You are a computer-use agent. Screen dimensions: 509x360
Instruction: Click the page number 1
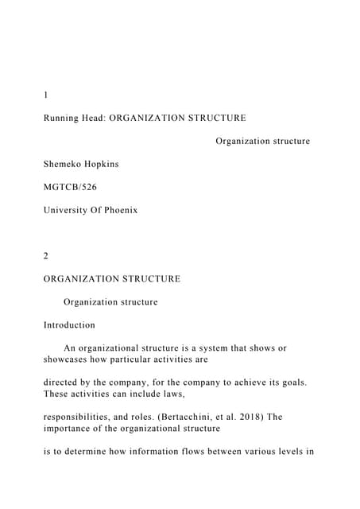point(45,95)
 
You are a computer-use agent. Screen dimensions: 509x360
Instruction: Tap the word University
point(68,210)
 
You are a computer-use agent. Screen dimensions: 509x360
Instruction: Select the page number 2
point(46,256)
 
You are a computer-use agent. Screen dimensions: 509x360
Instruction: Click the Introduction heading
point(69,325)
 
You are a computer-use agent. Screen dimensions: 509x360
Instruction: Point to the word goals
point(290,382)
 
